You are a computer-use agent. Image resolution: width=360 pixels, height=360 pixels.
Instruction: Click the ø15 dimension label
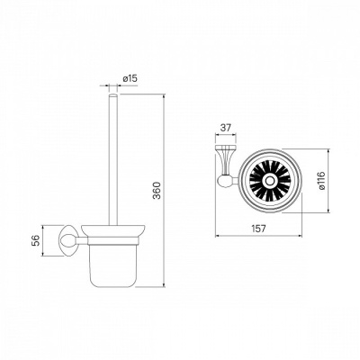(130, 78)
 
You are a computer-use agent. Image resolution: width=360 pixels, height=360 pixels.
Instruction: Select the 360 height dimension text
(157, 191)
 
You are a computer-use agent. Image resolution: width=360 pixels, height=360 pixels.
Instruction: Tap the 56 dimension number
(36, 240)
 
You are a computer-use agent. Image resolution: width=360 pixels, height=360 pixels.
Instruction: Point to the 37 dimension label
(226, 128)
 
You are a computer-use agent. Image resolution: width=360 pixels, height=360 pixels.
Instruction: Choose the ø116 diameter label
(321, 181)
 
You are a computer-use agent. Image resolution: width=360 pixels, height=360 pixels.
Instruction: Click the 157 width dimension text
(258, 229)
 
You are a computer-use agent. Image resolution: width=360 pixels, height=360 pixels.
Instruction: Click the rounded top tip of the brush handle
(113, 95)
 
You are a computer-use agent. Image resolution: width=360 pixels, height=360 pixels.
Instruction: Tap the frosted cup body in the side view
(112, 264)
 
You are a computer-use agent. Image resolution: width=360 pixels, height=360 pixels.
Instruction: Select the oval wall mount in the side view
(67, 240)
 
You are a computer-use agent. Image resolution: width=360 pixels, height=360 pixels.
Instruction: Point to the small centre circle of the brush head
(270, 181)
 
